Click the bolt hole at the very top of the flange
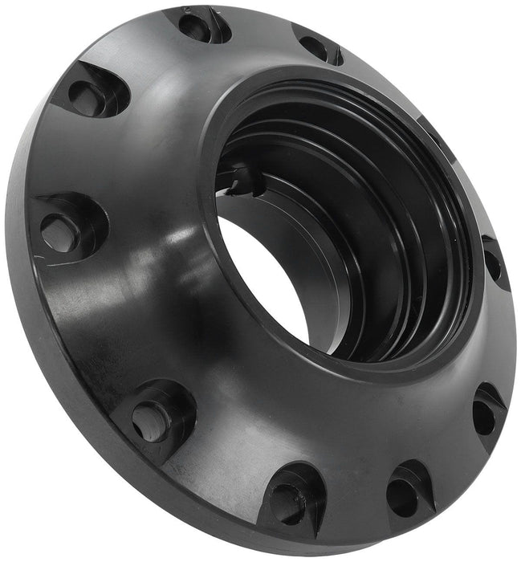pyautogui.click(x=199, y=26)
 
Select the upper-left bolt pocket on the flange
pyautogui.click(x=90, y=95)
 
